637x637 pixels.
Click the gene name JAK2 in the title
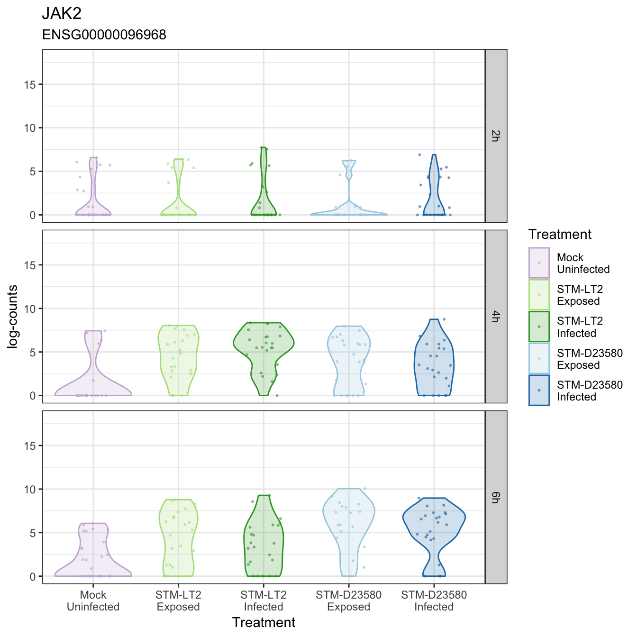click(x=62, y=14)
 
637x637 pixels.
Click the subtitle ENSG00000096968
click(x=104, y=35)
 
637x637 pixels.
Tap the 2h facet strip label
click(x=495, y=136)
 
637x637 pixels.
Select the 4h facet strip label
click(x=495, y=316)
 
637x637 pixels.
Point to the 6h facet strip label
click(x=495, y=497)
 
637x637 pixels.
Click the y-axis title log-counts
click(x=13, y=316)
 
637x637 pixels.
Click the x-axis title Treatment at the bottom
click(x=264, y=622)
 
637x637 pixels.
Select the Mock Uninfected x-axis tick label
click(x=93, y=601)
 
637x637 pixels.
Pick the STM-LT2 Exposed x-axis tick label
click(x=178, y=601)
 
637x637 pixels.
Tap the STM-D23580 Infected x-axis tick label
click(x=434, y=601)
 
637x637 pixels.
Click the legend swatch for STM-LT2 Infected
click(x=539, y=327)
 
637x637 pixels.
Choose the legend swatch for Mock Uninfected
click(x=539, y=263)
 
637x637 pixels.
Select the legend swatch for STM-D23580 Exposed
click(x=539, y=358)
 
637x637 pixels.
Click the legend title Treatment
click(x=560, y=234)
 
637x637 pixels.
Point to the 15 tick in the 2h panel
click(x=30, y=85)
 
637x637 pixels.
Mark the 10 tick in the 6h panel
click(x=30, y=489)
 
